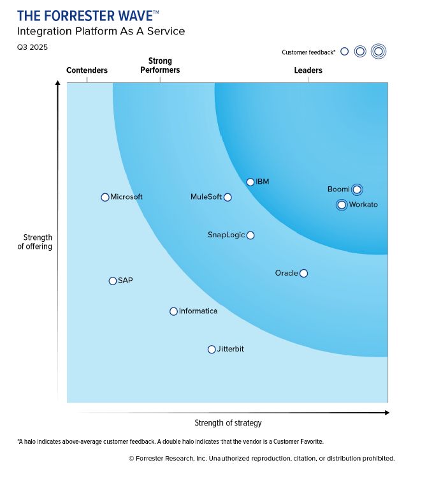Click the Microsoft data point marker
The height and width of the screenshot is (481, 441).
pyautogui.click(x=105, y=197)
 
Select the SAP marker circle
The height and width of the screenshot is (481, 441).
pyautogui.click(x=113, y=281)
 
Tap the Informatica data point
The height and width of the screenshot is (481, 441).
pyautogui.click(x=173, y=311)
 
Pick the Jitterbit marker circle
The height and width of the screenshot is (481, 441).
pyautogui.click(x=212, y=349)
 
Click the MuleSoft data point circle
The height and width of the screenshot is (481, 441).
pyautogui.click(x=228, y=197)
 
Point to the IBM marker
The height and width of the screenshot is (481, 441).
pyautogui.click(x=250, y=182)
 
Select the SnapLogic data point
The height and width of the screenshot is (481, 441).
pyautogui.click(x=250, y=235)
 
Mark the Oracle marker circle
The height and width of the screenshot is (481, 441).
pyautogui.click(x=303, y=273)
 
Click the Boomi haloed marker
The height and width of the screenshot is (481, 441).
pyautogui.click(x=357, y=189)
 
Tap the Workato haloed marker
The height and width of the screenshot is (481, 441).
pyautogui.click(x=342, y=205)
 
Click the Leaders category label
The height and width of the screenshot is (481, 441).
pyautogui.click(x=308, y=70)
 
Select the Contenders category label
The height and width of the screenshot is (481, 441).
pyautogui.click(x=87, y=70)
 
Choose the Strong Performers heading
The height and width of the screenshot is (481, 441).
pyautogui.click(x=160, y=66)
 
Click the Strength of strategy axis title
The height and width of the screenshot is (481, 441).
pyautogui.click(x=228, y=423)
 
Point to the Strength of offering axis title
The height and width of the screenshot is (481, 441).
pyautogui.click(x=34, y=242)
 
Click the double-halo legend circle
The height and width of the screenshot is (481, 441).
pyautogui.click(x=379, y=52)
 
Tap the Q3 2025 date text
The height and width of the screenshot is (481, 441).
pyautogui.click(x=33, y=47)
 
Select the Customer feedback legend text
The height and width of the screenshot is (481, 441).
pyautogui.click(x=308, y=52)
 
